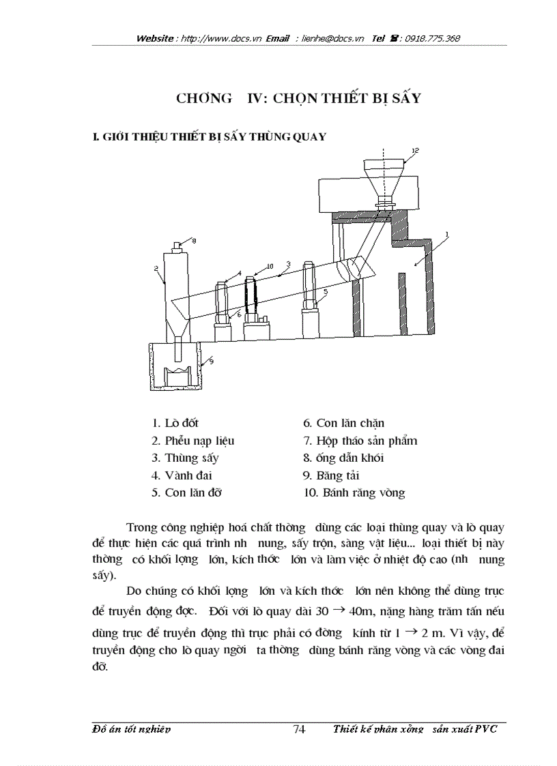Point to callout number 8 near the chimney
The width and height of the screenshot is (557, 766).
(x=193, y=240)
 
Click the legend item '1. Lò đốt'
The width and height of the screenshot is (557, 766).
(x=175, y=424)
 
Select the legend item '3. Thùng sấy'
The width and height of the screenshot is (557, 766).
(x=185, y=458)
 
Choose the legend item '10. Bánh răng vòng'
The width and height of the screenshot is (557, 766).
(x=354, y=492)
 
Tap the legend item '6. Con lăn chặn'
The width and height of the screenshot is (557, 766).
(x=343, y=424)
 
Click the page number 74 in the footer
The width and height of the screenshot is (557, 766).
(x=298, y=729)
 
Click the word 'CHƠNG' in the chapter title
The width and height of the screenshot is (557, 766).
(x=203, y=98)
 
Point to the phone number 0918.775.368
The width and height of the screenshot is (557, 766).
(x=432, y=39)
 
